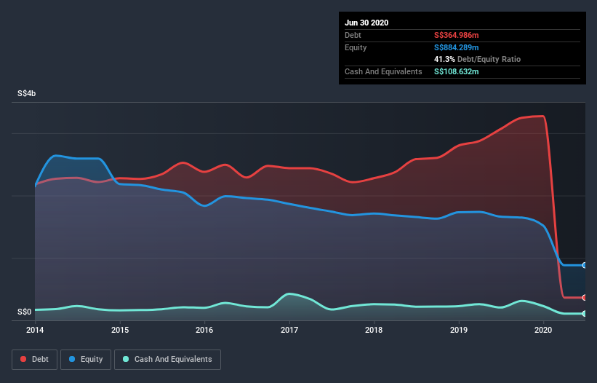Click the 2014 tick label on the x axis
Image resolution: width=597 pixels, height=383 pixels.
pos(35,330)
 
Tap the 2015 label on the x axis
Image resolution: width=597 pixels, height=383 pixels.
pos(120,330)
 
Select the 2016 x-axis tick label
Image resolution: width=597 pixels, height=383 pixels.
pos(204,330)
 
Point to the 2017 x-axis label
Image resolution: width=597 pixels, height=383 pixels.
pos(289,330)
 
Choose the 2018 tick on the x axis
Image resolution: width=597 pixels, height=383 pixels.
pos(374,330)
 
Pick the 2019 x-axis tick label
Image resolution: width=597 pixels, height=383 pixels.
pos(459,330)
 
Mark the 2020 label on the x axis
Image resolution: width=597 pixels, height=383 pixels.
pos(543,330)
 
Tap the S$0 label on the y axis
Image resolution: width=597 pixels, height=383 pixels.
pos(25,312)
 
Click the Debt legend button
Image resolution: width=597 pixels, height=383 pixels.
pos(34,359)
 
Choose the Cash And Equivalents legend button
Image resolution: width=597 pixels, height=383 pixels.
pos(167,359)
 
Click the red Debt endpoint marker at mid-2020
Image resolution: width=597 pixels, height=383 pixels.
pos(585,297)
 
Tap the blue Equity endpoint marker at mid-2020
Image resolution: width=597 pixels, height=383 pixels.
pos(585,265)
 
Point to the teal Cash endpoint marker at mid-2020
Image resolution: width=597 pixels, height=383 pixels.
pos(585,314)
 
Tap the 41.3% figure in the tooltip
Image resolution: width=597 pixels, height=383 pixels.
pos(444,59)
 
